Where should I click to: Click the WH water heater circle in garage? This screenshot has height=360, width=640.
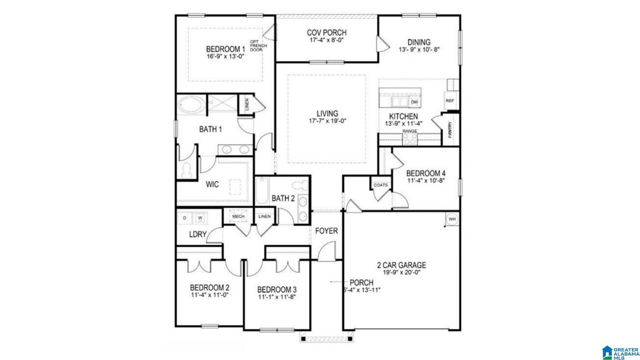click(x=452, y=219)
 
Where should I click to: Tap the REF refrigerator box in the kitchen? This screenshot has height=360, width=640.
click(x=450, y=101)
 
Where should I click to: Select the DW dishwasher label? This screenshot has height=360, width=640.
click(x=414, y=102)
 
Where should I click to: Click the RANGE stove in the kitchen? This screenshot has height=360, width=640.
click(x=410, y=139)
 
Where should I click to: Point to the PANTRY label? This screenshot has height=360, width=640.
click(x=450, y=130)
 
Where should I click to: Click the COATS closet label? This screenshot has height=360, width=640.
click(x=380, y=185)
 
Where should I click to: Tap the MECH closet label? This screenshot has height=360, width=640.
click(x=238, y=217)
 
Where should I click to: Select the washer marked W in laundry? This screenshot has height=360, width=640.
click(x=200, y=218)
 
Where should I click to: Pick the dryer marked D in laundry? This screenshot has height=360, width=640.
click(x=185, y=218)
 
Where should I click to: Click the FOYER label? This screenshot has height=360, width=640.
click(x=326, y=231)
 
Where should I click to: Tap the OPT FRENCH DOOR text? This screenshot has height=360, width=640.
click(x=259, y=46)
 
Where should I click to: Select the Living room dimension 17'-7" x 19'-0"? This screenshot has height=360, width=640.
click(x=327, y=121)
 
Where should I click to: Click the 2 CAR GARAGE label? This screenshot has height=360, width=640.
click(x=402, y=265)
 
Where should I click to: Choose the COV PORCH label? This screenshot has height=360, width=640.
click(x=327, y=33)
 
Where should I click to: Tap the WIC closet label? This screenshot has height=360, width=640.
click(x=212, y=184)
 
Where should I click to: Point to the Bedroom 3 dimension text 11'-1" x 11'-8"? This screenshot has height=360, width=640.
click(x=277, y=297)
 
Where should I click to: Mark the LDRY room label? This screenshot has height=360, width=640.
click(x=198, y=234)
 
